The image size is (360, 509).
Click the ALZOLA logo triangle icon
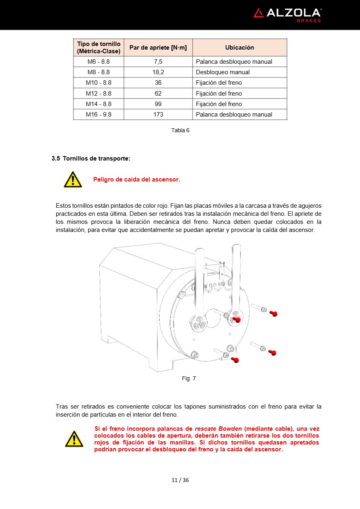[259, 13]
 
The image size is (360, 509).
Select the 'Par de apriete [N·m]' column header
[158, 48]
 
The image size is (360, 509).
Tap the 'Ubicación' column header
[239, 48]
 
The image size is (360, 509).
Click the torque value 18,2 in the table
[158, 72]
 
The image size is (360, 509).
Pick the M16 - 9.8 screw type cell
[98, 115]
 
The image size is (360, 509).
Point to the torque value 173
[158, 115]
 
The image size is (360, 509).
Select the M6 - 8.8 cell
[98, 62]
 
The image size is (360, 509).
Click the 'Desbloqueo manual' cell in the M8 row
[223, 72]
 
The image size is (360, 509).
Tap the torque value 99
[158, 104]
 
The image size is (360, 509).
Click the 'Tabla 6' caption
[180, 130]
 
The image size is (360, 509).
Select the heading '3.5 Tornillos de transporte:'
[91, 159]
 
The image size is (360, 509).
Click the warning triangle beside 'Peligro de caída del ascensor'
[73, 179]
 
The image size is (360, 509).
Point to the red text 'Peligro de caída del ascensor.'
[136, 179]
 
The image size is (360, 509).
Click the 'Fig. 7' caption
[188, 378]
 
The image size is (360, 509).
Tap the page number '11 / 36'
[180, 480]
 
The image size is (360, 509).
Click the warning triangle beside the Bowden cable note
[74, 439]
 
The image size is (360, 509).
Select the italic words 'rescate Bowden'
[218, 429]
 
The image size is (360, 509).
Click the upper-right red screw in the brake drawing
[273, 313]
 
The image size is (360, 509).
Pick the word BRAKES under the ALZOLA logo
[309, 21]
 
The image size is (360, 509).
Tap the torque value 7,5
[158, 62]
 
